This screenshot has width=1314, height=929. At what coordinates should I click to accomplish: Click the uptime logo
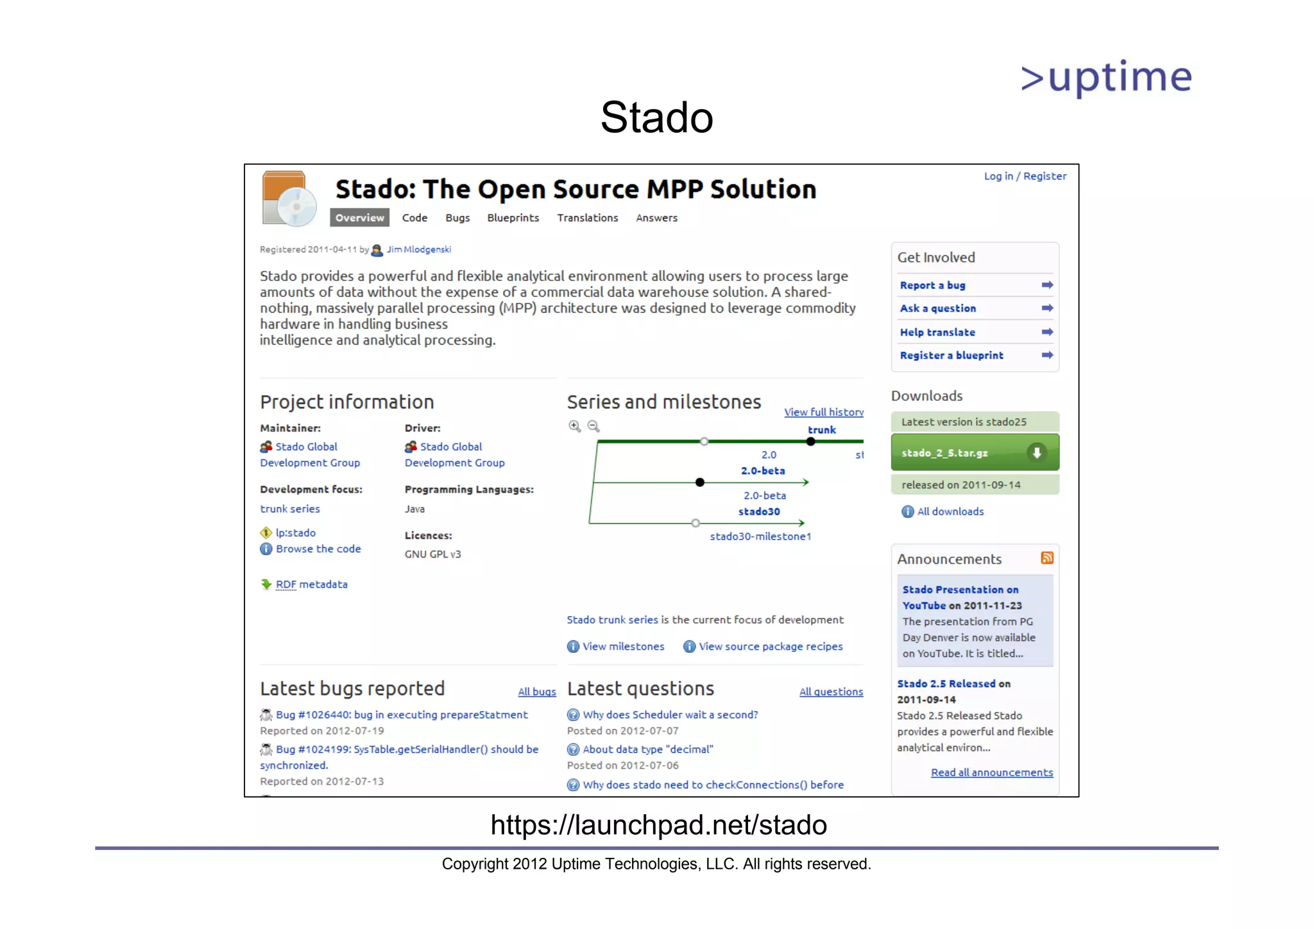click(x=1106, y=78)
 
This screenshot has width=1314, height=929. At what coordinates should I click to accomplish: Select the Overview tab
click(x=359, y=217)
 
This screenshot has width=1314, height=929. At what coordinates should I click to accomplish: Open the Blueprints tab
click(x=513, y=217)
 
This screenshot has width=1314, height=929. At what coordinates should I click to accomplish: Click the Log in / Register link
click(x=1025, y=176)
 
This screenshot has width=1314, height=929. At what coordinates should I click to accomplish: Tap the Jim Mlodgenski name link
click(x=418, y=250)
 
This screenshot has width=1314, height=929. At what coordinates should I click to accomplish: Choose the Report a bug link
click(x=932, y=285)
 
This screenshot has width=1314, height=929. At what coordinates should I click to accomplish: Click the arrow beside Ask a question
click(x=1046, y=308)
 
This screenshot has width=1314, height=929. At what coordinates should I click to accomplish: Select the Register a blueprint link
click(x=951, y=355)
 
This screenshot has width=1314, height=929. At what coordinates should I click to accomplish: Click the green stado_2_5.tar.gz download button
click(x=974, y=453)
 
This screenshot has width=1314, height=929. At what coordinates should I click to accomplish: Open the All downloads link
click(x=950, y=511)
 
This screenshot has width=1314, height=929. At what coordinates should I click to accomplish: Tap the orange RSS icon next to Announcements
click(x=1046, y=558)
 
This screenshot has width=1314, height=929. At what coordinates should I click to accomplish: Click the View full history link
click(x=823, y=412)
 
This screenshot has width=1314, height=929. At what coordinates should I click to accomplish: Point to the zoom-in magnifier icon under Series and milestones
click(x=574, y=426)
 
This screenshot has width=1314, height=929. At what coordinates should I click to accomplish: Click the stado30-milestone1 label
click(x=760, y=536)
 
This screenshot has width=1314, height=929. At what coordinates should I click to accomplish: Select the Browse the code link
click(x=318, y=549)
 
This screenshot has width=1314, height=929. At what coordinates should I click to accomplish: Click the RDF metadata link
click(x=311, y=584)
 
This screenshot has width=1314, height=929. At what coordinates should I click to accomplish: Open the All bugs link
click(x=536, y=692)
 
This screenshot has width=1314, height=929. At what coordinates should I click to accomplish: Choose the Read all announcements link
click(x=991, y=772)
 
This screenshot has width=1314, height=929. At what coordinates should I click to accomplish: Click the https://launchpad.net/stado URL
click(x=658, y=825)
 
